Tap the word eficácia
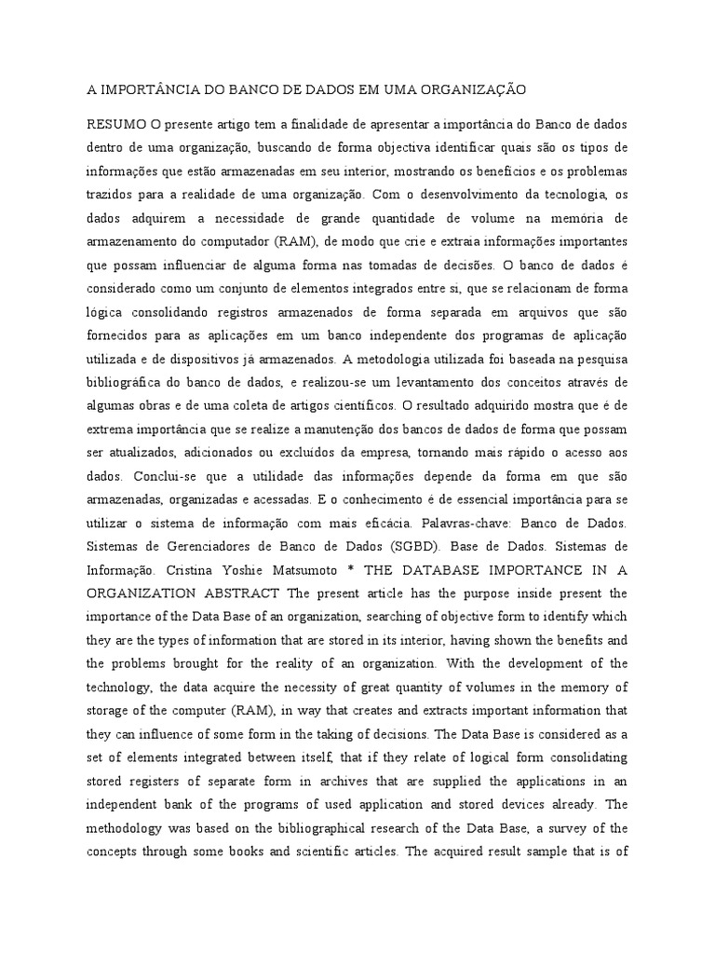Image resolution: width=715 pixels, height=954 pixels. click(387, 521)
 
